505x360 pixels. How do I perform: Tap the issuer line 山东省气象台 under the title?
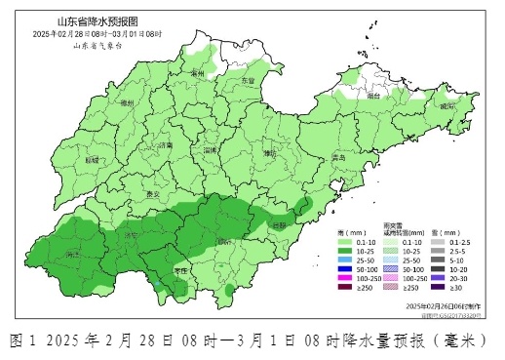coord(97,46)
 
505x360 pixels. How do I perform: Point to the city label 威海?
coord(447,105)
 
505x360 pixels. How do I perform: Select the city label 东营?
coord(248,81)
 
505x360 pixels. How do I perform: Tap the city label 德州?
coord(124,102)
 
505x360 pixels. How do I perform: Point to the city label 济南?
coord(166,144)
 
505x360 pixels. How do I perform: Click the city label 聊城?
coord(93,159)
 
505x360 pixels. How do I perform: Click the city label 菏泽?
coord(72,255)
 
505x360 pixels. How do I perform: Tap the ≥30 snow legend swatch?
coord(439,289)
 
